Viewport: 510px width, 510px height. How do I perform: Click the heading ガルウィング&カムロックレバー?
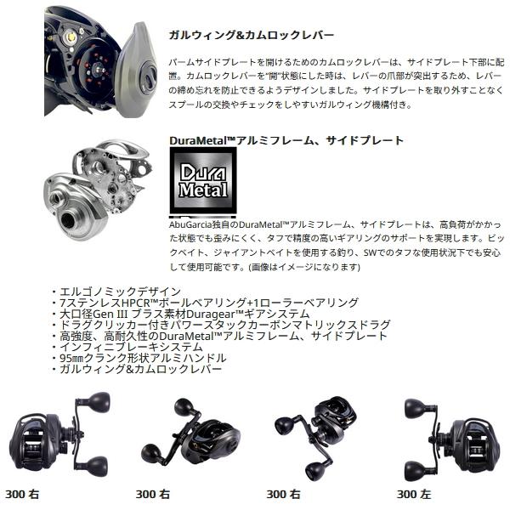252,36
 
